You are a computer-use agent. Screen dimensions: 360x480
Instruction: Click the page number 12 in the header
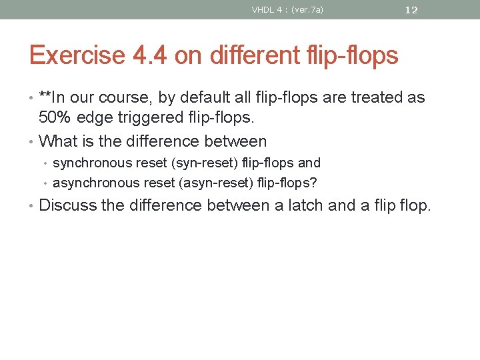point(411,10)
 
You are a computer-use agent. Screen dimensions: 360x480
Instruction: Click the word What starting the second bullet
point(57,141)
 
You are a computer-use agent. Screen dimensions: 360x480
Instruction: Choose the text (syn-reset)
point(203,163)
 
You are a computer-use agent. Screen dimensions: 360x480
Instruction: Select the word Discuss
point(67,205)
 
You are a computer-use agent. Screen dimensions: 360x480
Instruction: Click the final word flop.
point(415,205)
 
